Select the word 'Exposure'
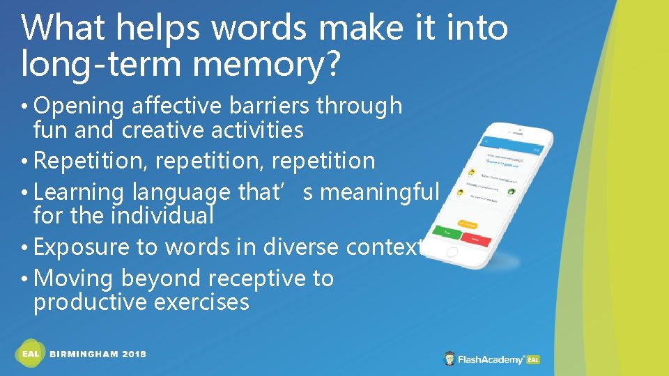(x=82, y=247)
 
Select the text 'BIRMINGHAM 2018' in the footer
(x=98, y=354)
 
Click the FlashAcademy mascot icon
(x=450, y=359)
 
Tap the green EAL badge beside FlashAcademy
(x=533, y=359)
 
